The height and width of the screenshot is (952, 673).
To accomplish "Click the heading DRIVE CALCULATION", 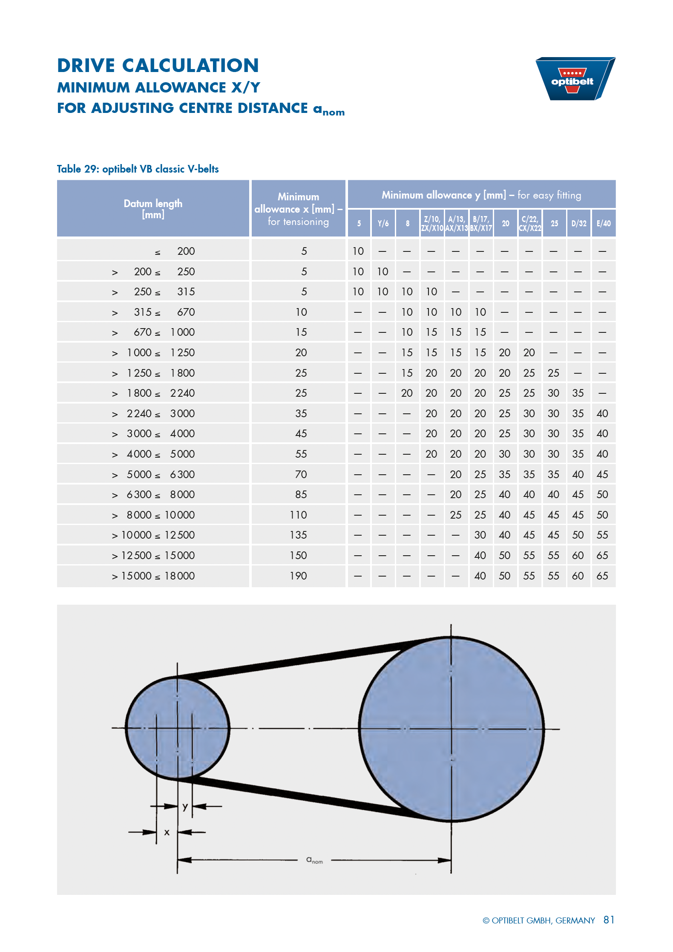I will coord(158,66).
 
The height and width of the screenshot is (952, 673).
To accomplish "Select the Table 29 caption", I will coord(138,169).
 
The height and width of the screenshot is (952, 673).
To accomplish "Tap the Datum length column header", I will coord(153,208).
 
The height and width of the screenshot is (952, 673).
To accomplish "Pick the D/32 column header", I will coord(578,223).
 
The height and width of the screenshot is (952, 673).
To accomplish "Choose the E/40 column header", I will coord(603,223).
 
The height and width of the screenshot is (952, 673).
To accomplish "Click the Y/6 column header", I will coord(383,223).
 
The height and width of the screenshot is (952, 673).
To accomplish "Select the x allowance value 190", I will coord(298,576).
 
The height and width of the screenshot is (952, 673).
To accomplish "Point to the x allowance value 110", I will coord(298,515).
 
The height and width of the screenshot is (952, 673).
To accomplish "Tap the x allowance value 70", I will coord(301,474).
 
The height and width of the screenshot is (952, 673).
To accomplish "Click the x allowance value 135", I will coord(298,535).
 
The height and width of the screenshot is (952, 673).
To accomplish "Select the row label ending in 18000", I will coord(153,576).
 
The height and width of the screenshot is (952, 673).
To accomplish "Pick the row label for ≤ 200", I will coord(175,251).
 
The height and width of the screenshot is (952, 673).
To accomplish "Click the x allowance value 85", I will coord(301,494).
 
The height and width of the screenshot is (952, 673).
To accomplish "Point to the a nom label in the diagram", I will coord(314,860).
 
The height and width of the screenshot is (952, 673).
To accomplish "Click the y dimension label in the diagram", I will coord(185,806).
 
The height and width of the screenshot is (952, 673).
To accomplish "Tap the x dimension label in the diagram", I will coord(167,832).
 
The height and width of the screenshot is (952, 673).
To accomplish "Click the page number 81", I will coord(609,920).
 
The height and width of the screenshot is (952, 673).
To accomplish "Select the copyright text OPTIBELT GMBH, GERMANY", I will coord(539,920).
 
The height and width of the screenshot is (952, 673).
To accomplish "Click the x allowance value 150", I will coord(298,555).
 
